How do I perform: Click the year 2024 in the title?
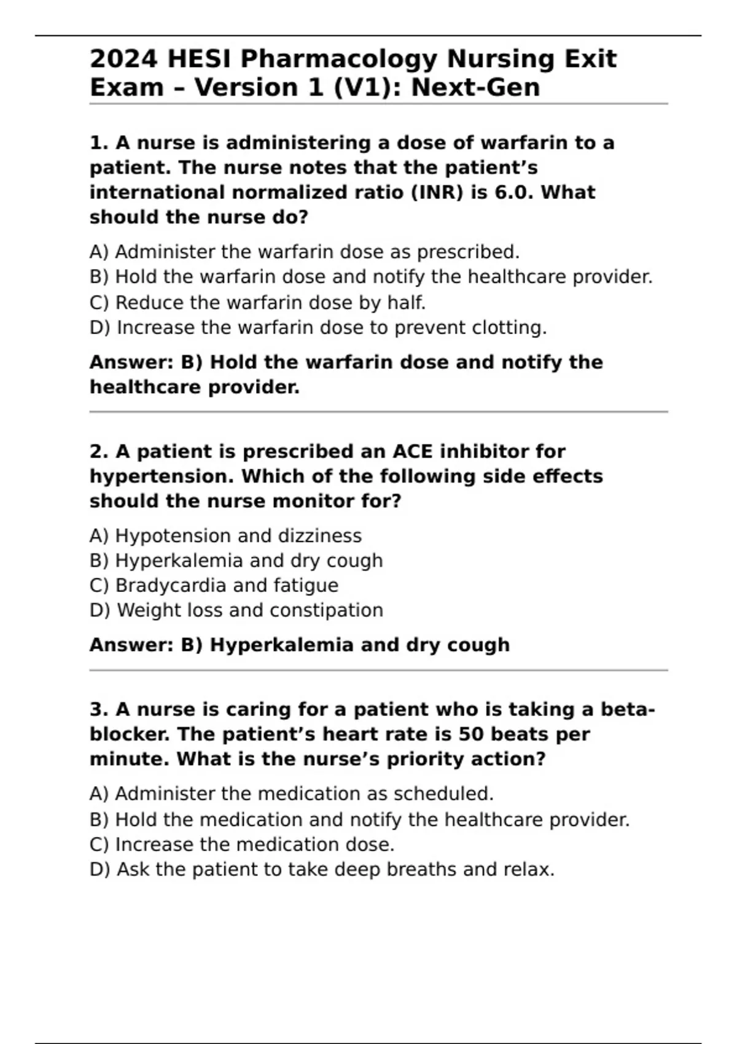pos(124,59)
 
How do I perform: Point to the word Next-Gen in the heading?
pos(475,87)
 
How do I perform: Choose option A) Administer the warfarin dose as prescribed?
pos(305,252)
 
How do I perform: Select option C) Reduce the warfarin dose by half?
pos(257,303)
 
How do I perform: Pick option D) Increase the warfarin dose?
pos(318,328)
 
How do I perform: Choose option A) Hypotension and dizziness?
pos(225,536)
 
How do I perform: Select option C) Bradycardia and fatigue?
pos(214,585)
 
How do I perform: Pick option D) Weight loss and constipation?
pos(236,610)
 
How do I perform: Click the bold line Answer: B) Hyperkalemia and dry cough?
pos(300,645)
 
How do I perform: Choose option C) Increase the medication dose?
pos(242,844)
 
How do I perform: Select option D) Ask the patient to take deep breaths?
pos(322,870)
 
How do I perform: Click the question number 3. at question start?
pos(99,710)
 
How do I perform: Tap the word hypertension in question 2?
pos(161,477)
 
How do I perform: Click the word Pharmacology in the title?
pos(340,59)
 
